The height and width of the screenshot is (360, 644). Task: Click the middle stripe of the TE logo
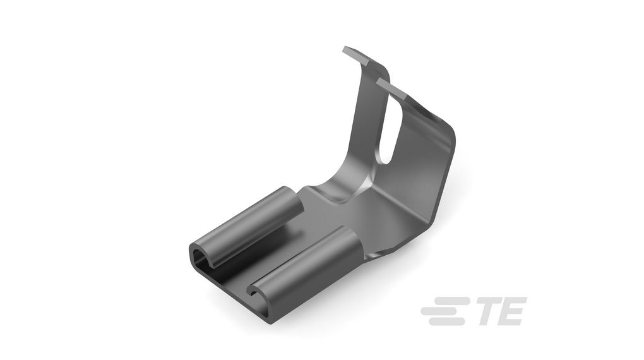(x=444, y=311)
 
